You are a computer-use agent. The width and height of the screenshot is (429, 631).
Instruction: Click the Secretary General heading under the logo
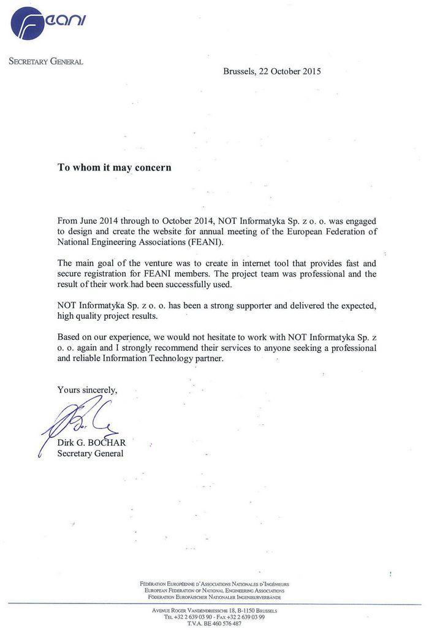click(x=46, y=61)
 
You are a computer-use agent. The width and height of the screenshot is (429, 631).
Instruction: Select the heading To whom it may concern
click(x=115, y=167)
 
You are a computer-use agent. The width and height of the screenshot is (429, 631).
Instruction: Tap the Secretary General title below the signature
click(x=90, y=454)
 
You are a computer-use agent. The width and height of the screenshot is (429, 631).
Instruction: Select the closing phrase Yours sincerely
click(x=87, y=389)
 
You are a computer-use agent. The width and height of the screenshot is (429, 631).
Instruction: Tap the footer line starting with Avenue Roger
click(x=214, y=611)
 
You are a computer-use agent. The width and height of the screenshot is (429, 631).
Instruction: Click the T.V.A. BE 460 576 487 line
click(x=214, y=624)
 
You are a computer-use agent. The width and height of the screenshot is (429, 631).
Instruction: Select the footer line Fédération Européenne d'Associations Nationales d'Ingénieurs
click(x=214, y=584)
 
